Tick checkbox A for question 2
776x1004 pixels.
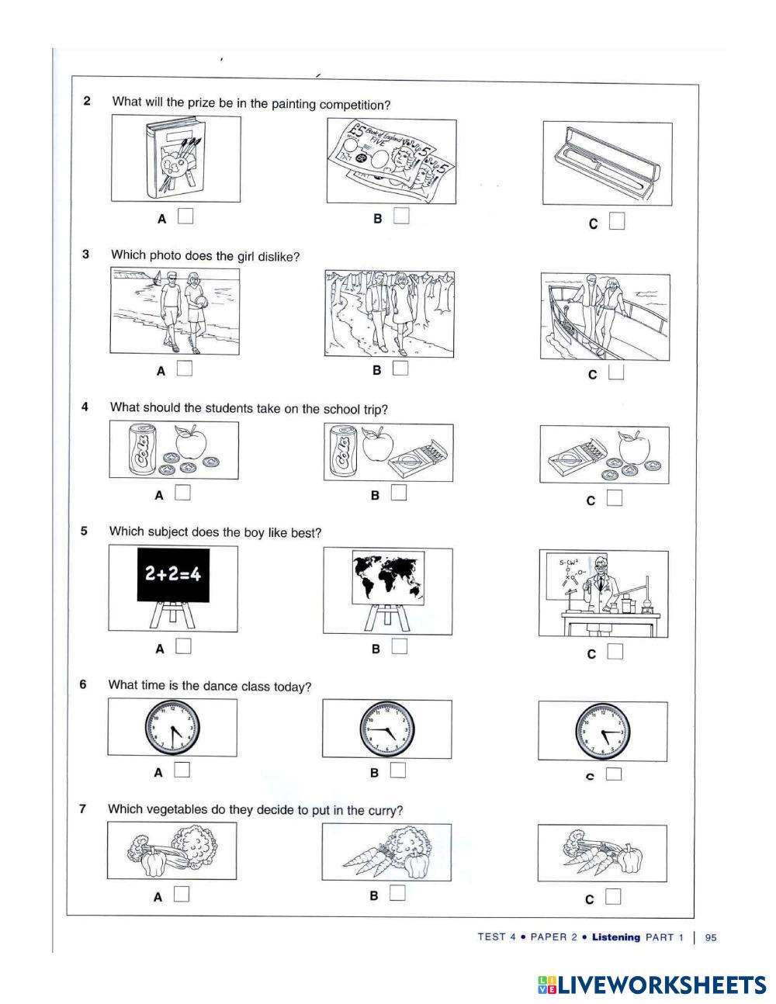point(185,216)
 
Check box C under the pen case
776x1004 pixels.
point(617,222)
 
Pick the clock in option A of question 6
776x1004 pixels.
point(172,727)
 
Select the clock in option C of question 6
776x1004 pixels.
point(602,731)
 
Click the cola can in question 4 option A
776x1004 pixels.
point(143,452)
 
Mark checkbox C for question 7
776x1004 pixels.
point(613,897)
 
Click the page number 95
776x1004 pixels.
point(710,937)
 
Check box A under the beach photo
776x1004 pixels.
point(184,369)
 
